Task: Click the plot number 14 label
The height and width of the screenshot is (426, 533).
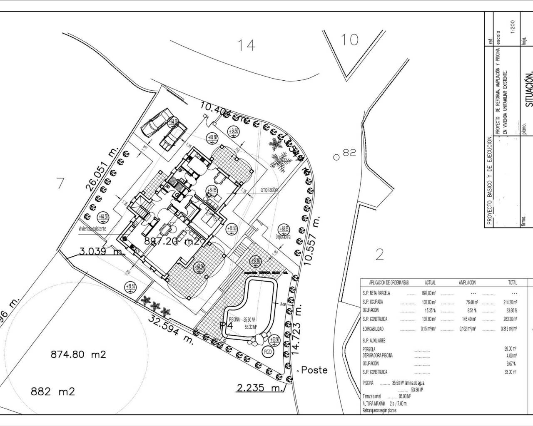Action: (246, 45)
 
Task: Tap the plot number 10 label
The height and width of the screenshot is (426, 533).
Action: (349, 40)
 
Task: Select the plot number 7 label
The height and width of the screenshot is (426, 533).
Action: (61, 183)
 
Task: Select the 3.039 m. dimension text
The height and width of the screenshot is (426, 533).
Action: (102, 251)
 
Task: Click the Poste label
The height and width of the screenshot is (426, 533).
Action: (314, 370)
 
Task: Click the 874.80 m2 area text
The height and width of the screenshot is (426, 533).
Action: (78, 354)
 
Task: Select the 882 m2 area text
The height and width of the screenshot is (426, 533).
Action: (52, 391)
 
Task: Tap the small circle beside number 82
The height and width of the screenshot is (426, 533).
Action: (336, 157)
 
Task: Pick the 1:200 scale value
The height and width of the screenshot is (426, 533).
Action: (512, 29)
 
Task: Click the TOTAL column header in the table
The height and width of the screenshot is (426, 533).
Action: (512, 282)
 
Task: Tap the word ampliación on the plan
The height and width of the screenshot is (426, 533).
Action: (269, 190)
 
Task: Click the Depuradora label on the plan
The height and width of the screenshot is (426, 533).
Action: (283, 237)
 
